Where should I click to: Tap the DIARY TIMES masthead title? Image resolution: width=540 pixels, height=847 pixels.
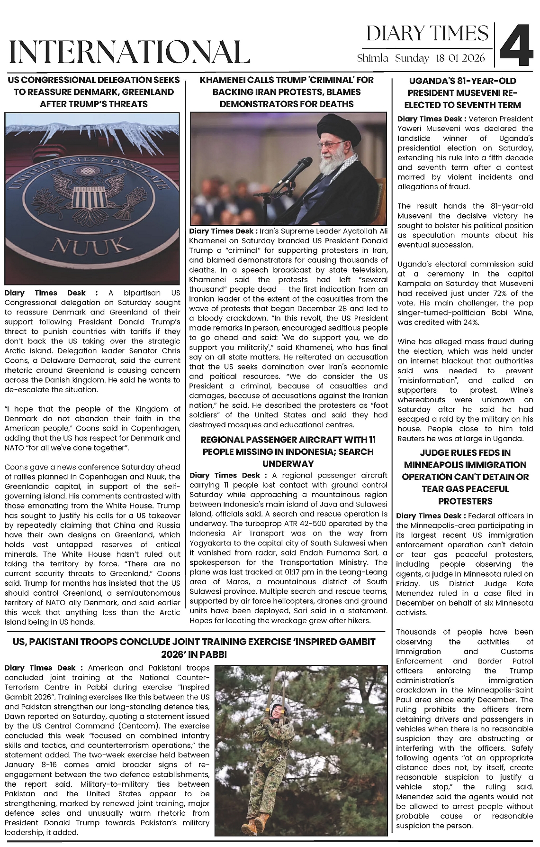tap(427, 34)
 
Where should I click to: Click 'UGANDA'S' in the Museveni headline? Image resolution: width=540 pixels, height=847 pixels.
tap(432, 81)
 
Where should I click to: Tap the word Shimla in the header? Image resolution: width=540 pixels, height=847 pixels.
tap(373, 58)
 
